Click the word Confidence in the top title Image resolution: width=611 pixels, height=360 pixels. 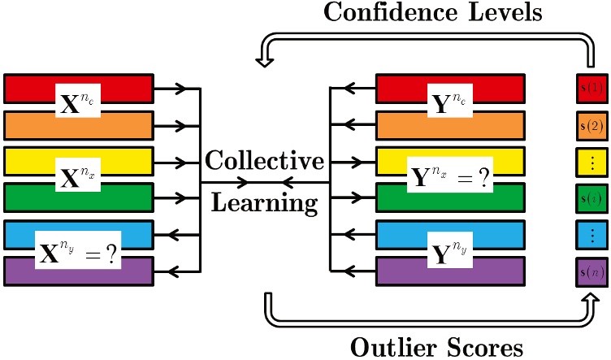click(x=390, y=11)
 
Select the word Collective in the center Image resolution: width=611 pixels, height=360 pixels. click(x=265, y=160)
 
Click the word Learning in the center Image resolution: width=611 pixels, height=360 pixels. click(x=265, y=202)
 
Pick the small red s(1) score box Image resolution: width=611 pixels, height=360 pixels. click(x=591, y=88)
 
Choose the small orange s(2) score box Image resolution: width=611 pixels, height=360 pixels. click(x=591, y=126)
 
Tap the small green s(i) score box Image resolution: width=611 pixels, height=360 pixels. click(x=591, y=199)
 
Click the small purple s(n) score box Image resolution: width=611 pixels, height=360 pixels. click(x=591, y=272)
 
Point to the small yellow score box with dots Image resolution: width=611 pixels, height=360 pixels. click(x=591, y=163)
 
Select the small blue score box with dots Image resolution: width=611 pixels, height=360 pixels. click(x=591, y=235)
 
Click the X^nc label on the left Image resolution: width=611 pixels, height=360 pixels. click(x=78, y=101)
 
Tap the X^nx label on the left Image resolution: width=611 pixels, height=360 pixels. click(x=78, y=175)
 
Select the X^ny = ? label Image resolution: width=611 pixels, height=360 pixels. click(x=78, y=250)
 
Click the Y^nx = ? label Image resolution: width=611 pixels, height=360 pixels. click(x=450, y=175)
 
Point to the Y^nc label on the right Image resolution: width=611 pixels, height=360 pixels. click(x=450, y=101)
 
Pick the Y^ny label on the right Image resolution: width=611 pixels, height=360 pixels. click(x=450, y=250)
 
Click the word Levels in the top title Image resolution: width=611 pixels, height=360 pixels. click(x=505, y=11)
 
